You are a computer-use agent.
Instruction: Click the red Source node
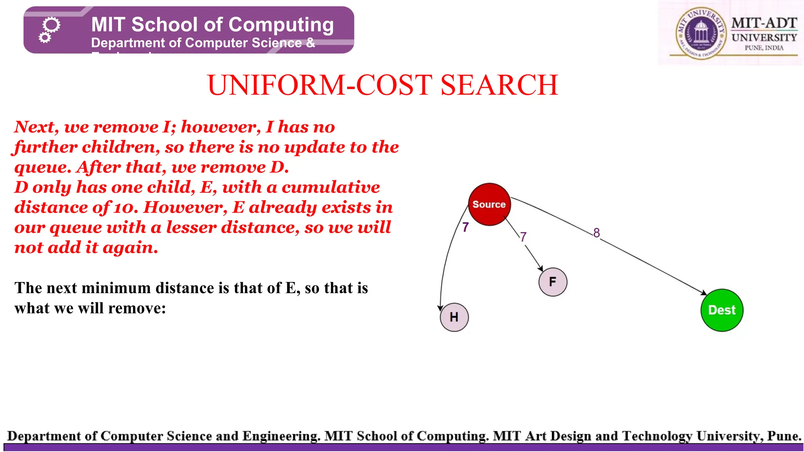pyautogui.click(x=489, y=204)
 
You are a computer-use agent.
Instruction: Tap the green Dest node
pyautogui.click(x=722, y=310)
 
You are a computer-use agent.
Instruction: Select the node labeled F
pyautogui.click(x=553, y=282)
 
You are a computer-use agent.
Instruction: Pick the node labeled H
pyautogui.click(x=454, y=317)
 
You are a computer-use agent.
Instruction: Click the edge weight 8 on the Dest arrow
pyautogui.click(x=596, y=233)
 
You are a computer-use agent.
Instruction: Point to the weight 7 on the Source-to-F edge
pyautogui.click(x=523, y=237)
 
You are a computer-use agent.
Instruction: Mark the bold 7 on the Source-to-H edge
pyautogui.click(x=465, y=227)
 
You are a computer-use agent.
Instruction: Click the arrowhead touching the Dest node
pyautogui.click(x=704, y=292)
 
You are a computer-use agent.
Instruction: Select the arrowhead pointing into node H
pyautogui.click(x=440, y=308)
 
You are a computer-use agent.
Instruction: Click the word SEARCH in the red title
pyautogui.click(x=499, y=85)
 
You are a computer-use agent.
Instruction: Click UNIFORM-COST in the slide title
pyautogui.click(x=320, y=85)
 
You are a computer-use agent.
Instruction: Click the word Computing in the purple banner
pyautogui.click(x=281, y=25)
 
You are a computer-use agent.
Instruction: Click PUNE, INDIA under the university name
pyautogui.click(x=764, y=48)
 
